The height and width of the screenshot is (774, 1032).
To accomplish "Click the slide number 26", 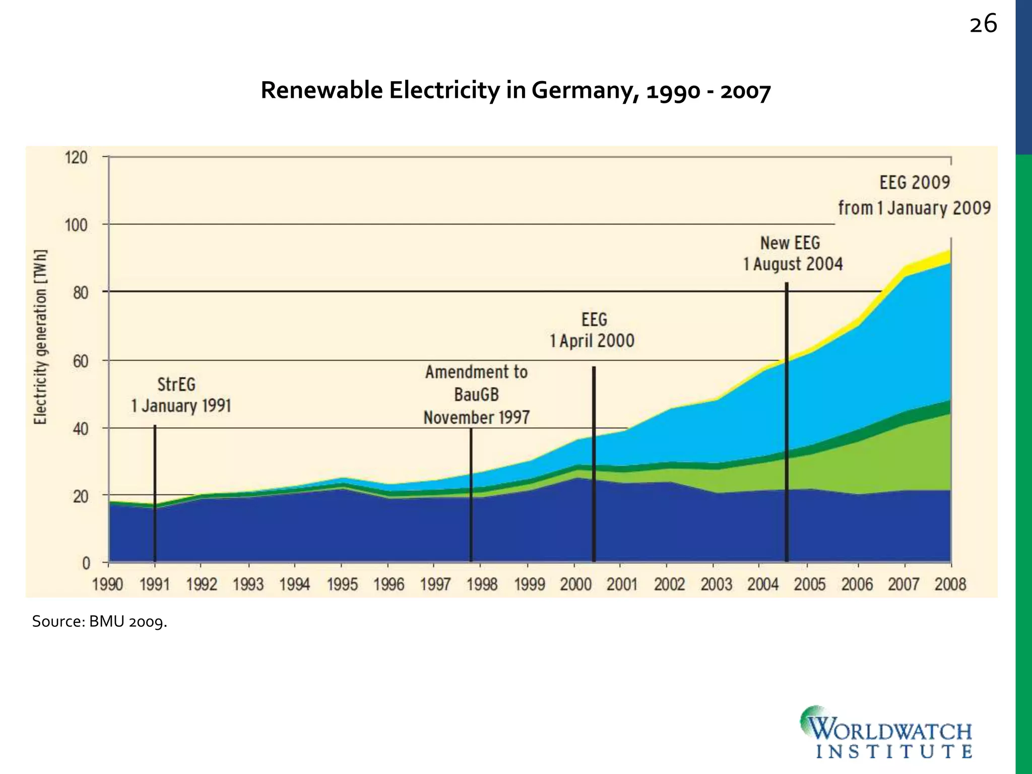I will tap(983, 24).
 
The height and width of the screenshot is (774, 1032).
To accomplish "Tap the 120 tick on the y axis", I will tap(76, 158).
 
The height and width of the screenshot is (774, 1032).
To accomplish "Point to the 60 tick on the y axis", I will tap(80, 361).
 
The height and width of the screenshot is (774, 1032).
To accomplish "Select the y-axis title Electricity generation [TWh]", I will tap(40, 337).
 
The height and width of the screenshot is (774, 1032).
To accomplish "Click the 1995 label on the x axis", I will tap(342, 585).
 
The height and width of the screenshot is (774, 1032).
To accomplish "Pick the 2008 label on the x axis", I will tap(950, 585).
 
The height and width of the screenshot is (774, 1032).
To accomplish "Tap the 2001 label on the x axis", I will tap(622, 585).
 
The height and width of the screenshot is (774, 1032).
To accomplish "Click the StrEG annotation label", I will tap(176, 384).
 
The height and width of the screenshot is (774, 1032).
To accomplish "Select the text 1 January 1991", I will tap(181, 406).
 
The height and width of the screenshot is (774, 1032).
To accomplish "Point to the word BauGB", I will tap(476, 395).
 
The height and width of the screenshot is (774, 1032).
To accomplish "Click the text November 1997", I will tap(476, 418).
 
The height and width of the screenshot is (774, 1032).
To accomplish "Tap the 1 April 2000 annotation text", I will tap(592, 341).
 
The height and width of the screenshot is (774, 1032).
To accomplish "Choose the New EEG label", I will tap(790, 243).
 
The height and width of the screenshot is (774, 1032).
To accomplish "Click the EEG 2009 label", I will tap(915, 182).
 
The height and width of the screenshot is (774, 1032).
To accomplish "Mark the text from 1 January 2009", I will tap(914, 208).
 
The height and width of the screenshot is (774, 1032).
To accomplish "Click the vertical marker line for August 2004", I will tap(787, 428).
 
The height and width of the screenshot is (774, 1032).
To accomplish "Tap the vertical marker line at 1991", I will tap(155, 494).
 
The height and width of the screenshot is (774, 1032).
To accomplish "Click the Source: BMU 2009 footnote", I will tap(99, 622).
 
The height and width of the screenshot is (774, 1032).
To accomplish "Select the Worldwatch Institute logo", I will tap(886, 732).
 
